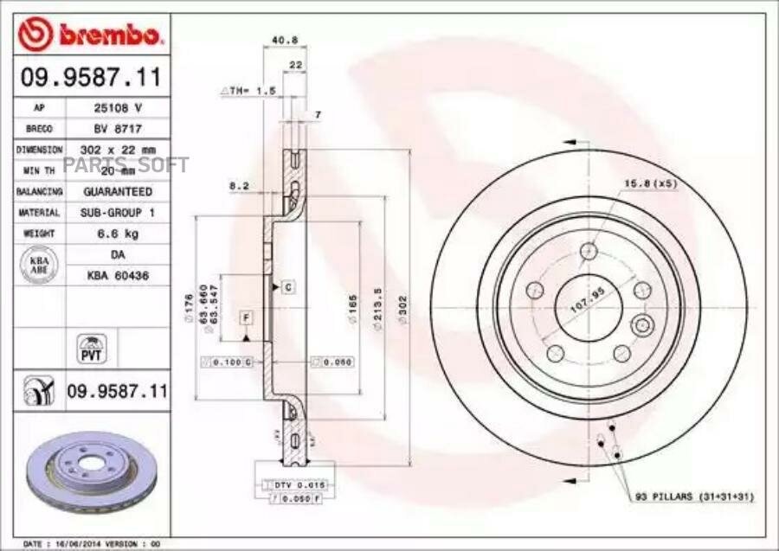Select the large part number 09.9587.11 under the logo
[x=90, y=78]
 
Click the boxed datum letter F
[x=246, y=317]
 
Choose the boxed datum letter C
[x=286, y=286]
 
